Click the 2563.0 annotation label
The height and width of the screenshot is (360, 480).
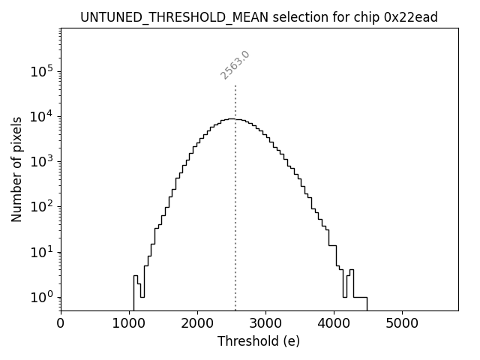tap(235, 64)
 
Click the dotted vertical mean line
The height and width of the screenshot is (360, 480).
tap(235, 210)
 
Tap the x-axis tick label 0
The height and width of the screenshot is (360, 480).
tap(61, 324)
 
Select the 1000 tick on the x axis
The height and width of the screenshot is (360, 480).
tap(129, 324)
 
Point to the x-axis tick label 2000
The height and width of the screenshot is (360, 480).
tap(197, 324)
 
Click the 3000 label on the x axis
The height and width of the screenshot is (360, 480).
tap(265, 324)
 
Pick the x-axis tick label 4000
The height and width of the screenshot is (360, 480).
tap(334, 324)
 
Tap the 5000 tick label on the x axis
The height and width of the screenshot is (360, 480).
tap(402, 324)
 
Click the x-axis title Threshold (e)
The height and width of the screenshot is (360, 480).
tap(259, 341)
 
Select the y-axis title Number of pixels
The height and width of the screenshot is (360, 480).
tap(16, 169)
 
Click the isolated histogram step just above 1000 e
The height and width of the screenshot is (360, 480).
tap(136, 276)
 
